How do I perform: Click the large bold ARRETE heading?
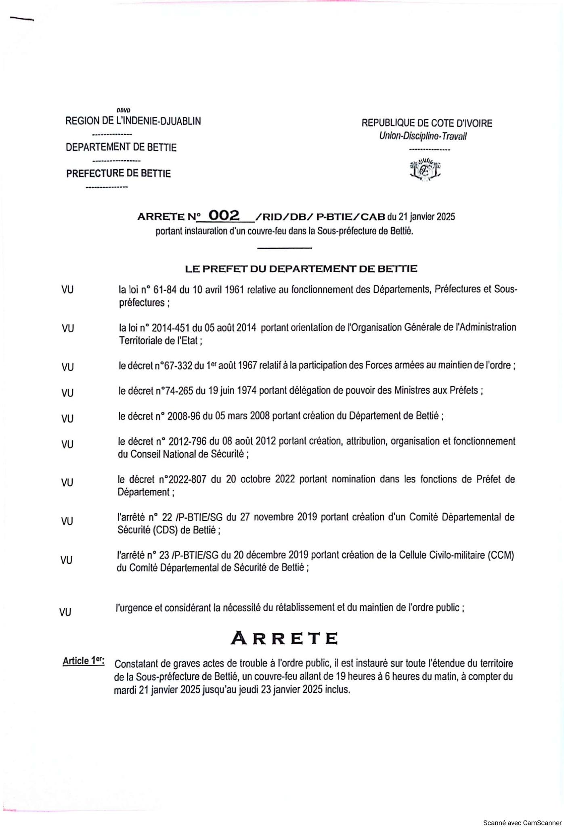284,638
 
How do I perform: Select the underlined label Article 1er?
84,661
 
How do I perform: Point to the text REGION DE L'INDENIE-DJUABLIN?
133,121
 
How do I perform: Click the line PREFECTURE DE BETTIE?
119,174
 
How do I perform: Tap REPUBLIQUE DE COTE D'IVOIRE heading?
427,123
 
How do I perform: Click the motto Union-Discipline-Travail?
423,136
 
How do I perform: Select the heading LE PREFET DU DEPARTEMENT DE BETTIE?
301,269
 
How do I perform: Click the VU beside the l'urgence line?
65,612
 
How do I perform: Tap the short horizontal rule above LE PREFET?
284,248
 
